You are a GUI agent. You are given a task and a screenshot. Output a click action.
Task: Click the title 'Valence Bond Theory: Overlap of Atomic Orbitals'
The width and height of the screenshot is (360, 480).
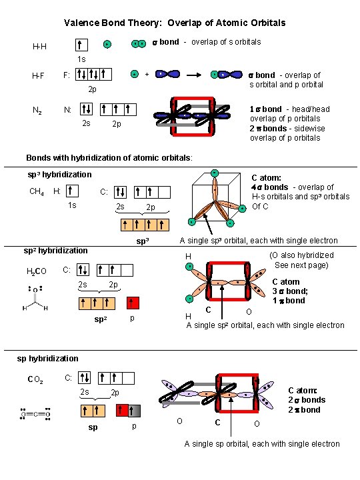tap(175, 23)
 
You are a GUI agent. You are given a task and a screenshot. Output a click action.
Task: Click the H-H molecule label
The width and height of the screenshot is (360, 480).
tap(40, 47)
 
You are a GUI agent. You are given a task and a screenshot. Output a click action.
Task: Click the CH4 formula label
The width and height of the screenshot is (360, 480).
tap(37, 192)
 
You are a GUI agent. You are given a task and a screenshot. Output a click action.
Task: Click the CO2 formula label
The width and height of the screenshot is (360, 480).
tap(35, 380)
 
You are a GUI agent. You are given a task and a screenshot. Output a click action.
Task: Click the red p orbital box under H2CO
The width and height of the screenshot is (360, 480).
tap(133, 303)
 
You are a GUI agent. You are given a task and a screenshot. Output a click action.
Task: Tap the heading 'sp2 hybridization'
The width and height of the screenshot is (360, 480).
tap(55, 251)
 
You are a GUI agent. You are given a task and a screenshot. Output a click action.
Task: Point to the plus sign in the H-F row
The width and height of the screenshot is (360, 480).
tap(147, 75)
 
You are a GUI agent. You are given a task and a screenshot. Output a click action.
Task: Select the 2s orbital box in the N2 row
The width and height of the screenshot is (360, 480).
tap(87, 109)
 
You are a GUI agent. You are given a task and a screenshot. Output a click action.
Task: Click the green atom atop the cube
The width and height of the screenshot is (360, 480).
tap(215, 175)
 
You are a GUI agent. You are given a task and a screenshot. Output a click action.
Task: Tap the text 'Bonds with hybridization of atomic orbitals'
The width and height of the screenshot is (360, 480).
tap(109, 158)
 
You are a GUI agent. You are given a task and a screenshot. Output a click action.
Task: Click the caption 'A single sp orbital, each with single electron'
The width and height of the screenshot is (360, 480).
tap(262, 444)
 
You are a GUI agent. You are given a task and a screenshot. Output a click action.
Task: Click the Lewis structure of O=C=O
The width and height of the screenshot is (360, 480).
tap(36, 414)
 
